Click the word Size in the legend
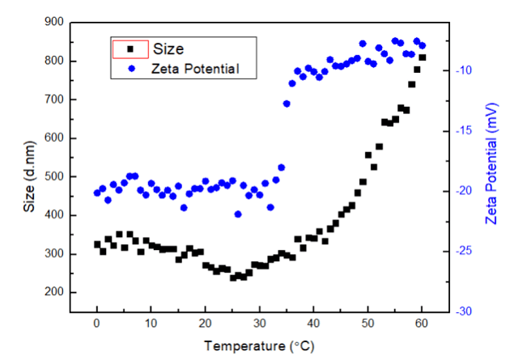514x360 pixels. (x=168, y=49)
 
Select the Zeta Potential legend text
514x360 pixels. (x=195, y=69)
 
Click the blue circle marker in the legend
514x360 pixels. (x=130, y=69)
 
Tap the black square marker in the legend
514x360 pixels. (x=130, y=49)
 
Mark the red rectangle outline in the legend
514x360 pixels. (x=130, y=49)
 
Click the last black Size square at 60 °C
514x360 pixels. (x=423, y=57)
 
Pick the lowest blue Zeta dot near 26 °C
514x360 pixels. (x=238, y=214)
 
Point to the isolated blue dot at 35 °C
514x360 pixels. (x=287, y=104)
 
